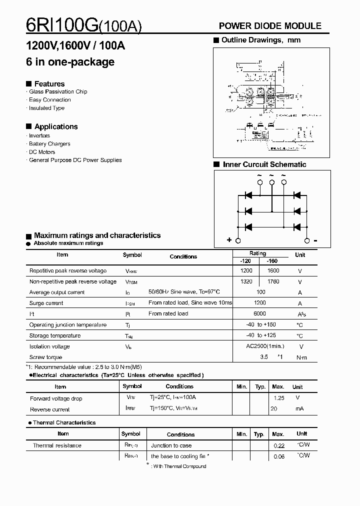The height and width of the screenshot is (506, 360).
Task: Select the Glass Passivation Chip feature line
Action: point(58,91)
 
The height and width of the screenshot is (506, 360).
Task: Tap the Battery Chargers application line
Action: point(49,143)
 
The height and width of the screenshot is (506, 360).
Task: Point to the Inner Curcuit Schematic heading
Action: point(264,164)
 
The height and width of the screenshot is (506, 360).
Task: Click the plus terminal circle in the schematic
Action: point(238,240)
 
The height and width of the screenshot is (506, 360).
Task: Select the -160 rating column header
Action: point(272,261)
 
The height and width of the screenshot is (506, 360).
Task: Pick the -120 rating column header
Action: point(245,261)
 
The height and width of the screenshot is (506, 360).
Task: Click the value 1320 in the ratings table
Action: point(246,281)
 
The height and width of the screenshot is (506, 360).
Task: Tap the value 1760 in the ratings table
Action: point(273,281)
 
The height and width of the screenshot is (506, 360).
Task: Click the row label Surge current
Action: point(46,303)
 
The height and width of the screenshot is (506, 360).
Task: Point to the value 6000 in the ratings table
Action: point(260,313)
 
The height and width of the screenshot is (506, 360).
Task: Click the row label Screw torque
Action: point(46,357)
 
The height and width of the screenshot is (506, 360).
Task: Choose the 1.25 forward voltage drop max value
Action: point(278,398)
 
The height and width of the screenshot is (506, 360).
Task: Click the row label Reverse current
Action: point(50,409)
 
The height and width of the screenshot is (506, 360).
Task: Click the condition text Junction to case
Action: point(171,445)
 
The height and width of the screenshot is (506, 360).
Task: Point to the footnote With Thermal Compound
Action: point(179,466)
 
